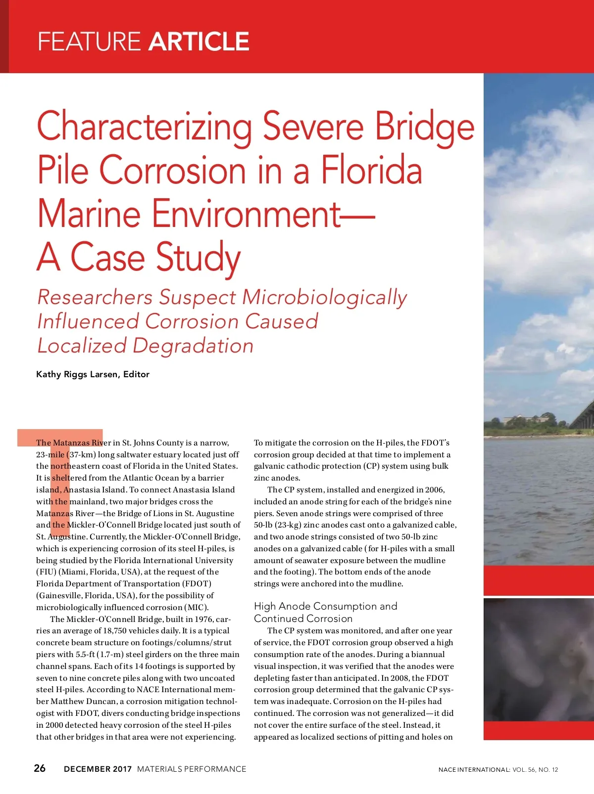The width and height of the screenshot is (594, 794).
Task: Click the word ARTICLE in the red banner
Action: point(198,42)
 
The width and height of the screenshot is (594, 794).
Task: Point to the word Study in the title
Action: point(198,258)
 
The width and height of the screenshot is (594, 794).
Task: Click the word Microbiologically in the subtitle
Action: point(325,298)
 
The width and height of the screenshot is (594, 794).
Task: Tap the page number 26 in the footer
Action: point(40,768)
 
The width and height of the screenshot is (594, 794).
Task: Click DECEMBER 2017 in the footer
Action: point(98,769)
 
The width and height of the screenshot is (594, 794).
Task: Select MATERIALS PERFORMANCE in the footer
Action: point(192,769)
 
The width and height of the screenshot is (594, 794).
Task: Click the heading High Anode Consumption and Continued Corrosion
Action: point(325,612)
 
